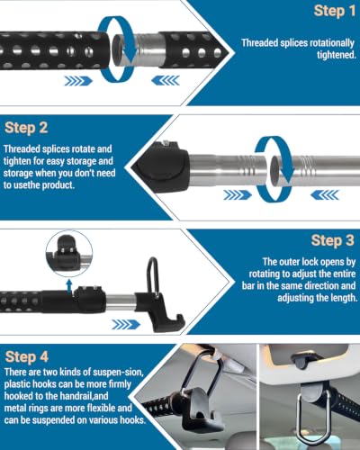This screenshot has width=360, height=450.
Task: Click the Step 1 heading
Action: click(335, 11)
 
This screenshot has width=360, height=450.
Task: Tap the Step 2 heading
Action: click(26, 128)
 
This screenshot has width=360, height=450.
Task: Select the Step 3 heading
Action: click(333, 240)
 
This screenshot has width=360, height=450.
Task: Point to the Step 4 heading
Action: click(27, 356)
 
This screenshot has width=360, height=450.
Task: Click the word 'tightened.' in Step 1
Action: click(337, 55)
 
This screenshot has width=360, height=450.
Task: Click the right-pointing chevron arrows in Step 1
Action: click(78, 81)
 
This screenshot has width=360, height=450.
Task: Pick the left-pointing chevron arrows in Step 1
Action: click(166, 80)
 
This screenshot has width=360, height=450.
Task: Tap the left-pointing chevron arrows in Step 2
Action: click(325, 195)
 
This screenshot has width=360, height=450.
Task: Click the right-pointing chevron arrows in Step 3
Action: click(126, 324)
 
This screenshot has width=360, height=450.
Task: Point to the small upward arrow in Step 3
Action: click(69, 285)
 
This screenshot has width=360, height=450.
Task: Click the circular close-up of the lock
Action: click(69, 254)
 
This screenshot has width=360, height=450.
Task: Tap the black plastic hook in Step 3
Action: click(160, 311)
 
